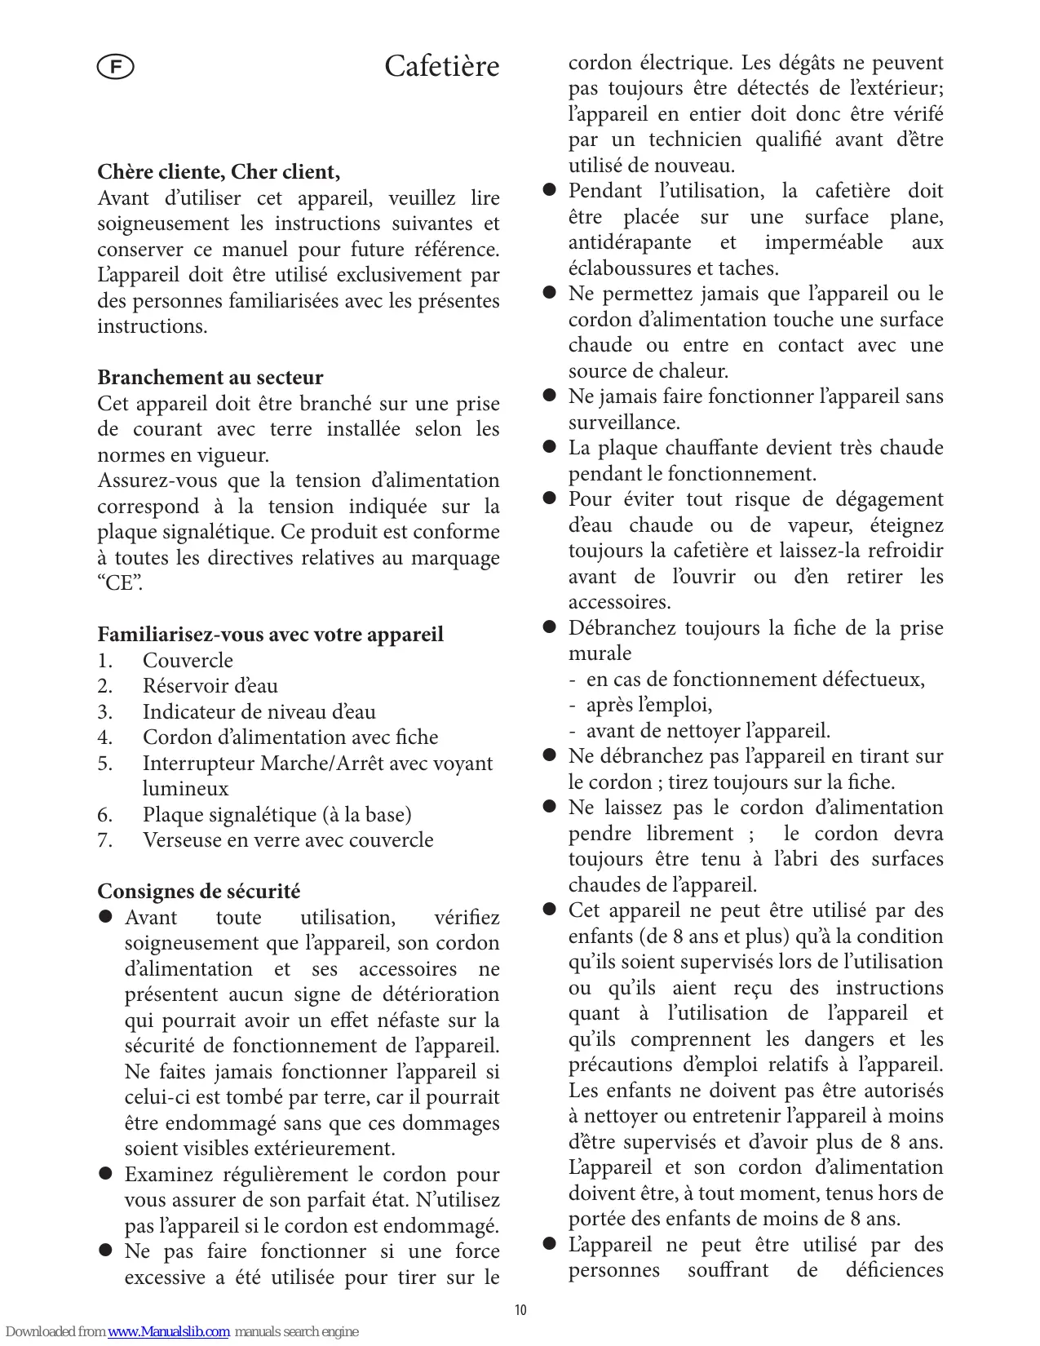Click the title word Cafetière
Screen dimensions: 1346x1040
click(x=441, y=67)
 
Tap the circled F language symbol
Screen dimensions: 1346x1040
click(x=115, y=67)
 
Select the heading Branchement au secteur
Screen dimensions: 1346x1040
click(x=210, y=378)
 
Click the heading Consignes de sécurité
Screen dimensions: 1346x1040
click(x=198, y=892)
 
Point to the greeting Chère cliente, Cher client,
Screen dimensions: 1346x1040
click(x=219, y=172)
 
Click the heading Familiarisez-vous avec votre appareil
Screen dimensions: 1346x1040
click(x=270, y=635)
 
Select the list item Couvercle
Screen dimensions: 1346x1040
click(x=188, y=661)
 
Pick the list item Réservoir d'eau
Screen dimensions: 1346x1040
click(x=210, y=686)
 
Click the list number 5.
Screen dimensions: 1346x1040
click(x=104, y=764)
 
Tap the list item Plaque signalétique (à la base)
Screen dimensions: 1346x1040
click(x=277, y=815)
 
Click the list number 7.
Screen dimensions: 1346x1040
click(x=104, y=840)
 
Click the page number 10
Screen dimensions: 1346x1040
click(x=520, y=1310)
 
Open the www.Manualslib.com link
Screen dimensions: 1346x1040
click(x=168, y=1331)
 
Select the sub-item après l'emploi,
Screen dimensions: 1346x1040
click(x=649, y=705)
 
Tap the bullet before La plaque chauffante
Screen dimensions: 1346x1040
click(x=550, y=448)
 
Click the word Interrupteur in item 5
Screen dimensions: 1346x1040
click(x=198, y=764)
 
